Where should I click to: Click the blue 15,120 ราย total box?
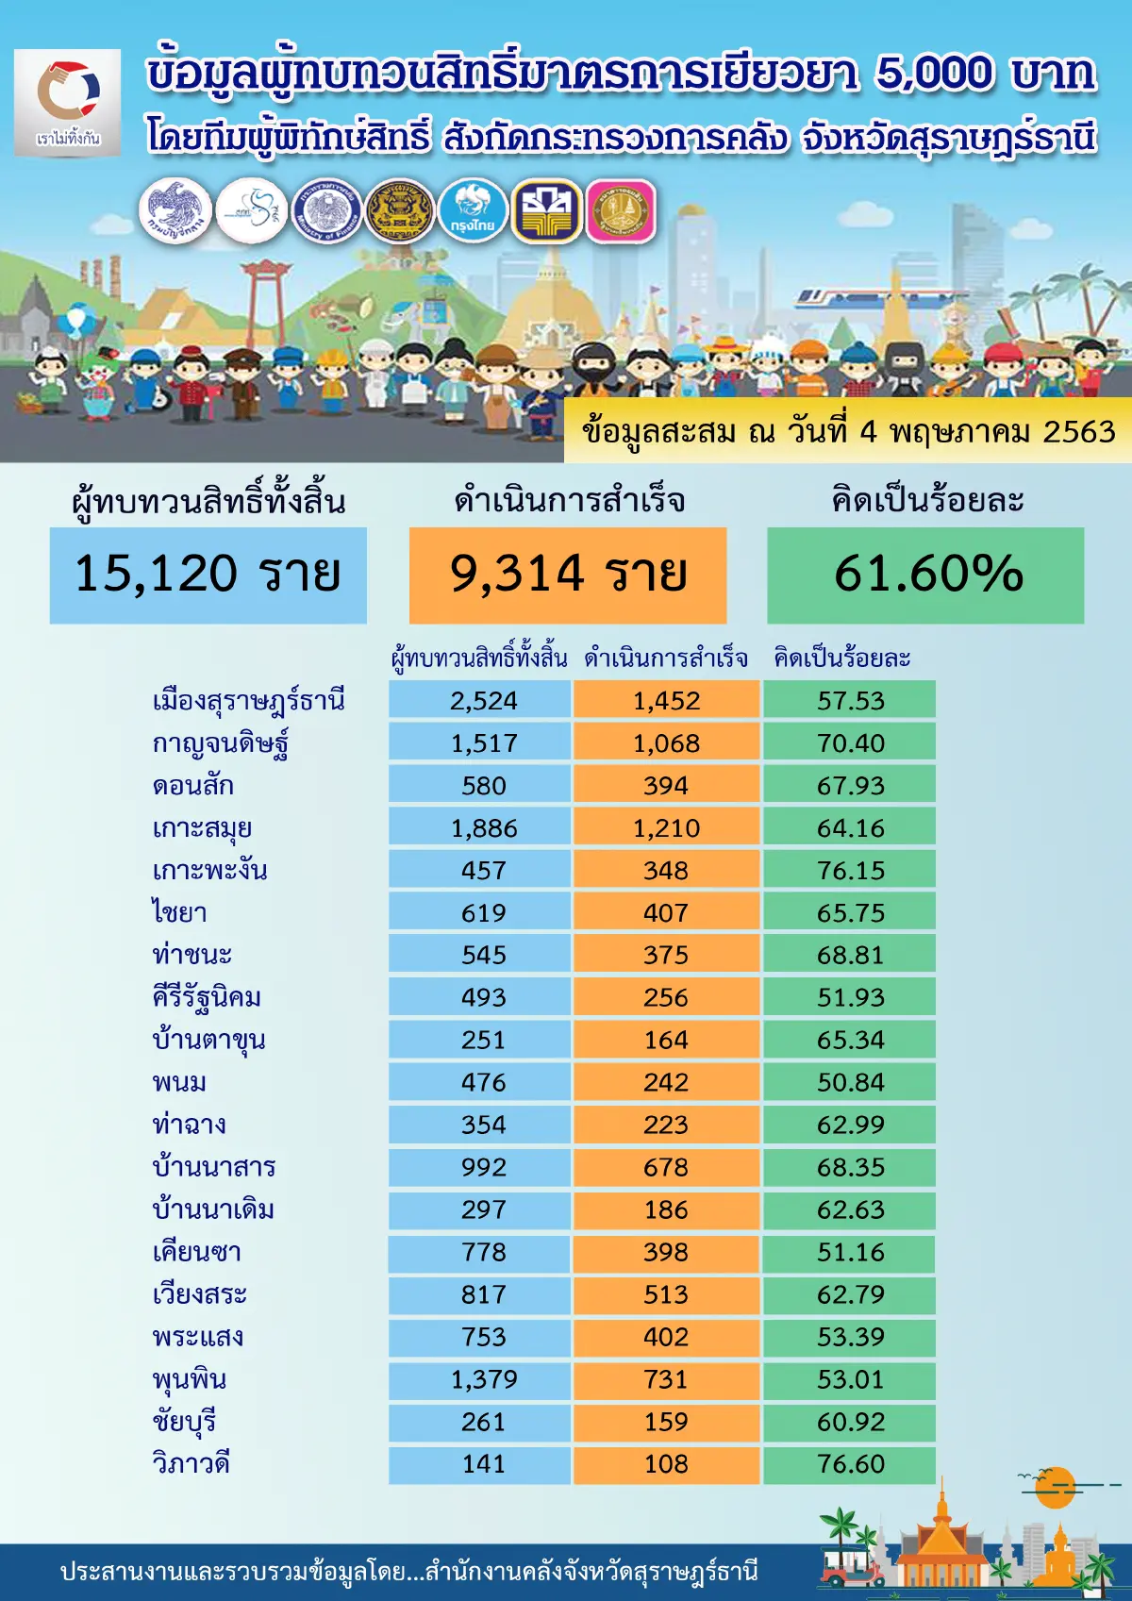coord(208,575)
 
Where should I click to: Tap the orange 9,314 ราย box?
coord(568,575)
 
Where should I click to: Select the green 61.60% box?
coord(925,575)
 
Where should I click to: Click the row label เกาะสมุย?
coord(202,828)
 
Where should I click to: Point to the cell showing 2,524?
coord(483,701)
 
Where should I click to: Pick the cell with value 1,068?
coord(666,743)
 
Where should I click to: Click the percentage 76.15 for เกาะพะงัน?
coord(850,871)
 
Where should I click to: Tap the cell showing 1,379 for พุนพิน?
coord(483,1379)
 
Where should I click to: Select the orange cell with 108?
coord(666,1464)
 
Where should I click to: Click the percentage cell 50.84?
coord(850,1082)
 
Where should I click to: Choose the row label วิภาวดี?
coord(191,1464)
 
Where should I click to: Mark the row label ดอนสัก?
coord(193,786)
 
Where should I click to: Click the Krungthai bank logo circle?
coord(473,210)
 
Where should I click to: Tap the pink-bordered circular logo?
coord(621,210)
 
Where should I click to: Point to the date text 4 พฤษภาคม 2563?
coord(987,432)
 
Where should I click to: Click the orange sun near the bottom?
coord(1054,1488)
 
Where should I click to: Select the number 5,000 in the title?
coord(934,74)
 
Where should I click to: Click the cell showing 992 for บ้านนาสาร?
coord(483,1167)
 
